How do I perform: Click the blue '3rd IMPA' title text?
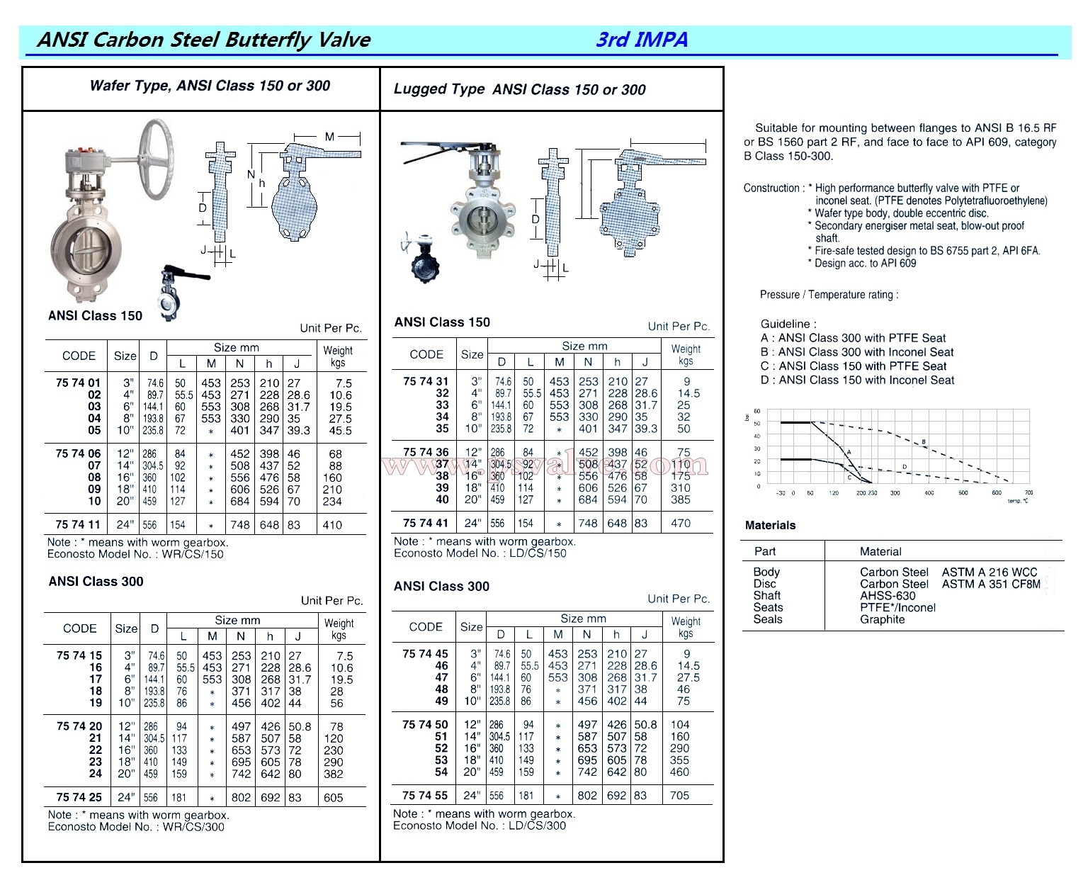[642, 39]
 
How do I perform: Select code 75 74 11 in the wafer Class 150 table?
[78, 525]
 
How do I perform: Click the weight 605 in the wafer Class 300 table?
[333, 797]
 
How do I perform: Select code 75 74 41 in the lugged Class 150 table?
[426, 523]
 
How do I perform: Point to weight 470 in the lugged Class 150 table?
[680, 523]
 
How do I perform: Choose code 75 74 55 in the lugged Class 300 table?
[425, 795]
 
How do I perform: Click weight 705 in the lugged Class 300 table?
[679, 795]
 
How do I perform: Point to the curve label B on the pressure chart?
[924, 442]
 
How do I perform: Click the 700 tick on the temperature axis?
[1028, 492]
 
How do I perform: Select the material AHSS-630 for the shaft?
[888, 596]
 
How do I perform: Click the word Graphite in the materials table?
[882, 619]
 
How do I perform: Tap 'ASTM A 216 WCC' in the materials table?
[989, 572]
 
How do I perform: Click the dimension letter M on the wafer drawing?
[330, 136]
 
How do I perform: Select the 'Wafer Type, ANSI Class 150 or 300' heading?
[210, 86]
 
